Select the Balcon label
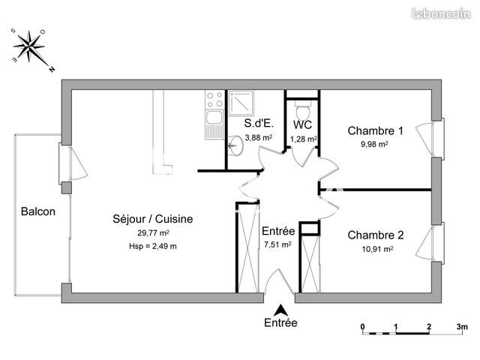[x=37, y=211]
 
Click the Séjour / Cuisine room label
[x=152, y=219]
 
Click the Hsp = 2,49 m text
[x=152, y=246]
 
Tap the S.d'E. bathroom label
[x=259, y=124]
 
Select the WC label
[x=303, y=124]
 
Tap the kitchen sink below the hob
[x=214, y=121]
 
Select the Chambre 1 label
[x=375, y=130]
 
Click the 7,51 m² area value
[x=277, y=244]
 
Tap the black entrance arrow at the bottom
[x=280, y=309]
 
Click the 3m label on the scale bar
[x=462, y=326]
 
